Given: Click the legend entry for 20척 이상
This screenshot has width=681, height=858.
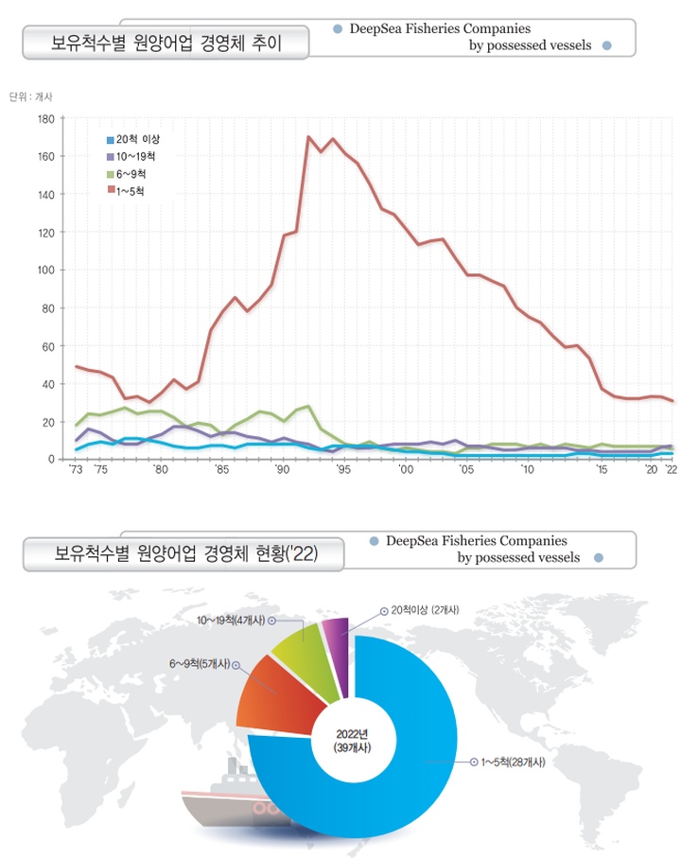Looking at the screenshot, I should click(131, 140).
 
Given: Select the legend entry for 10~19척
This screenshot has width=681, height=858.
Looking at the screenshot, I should click(131, 157).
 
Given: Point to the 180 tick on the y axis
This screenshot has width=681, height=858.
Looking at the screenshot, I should click(44, 118).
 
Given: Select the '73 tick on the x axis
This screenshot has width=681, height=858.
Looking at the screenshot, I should click(77, 470).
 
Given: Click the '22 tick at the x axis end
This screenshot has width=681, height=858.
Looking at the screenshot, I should click(670, 470).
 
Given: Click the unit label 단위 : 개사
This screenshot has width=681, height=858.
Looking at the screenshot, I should click(31, 96).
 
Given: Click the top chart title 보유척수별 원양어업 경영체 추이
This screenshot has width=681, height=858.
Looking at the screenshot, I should click(166, 44).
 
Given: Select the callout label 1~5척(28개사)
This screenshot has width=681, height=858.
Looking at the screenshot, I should click(514, 762).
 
